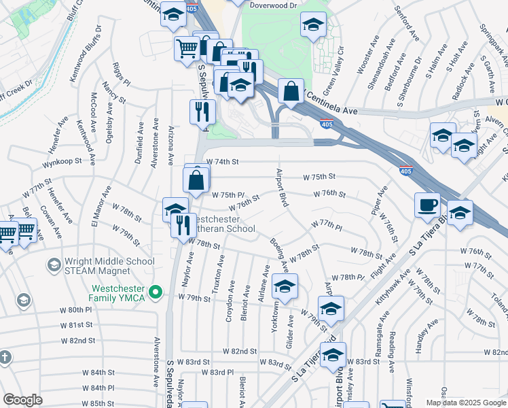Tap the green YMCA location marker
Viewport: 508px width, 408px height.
click(x=156, y=292)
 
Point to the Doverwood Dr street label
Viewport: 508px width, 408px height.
click(x=274, y=5)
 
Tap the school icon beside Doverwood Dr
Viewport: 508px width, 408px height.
click(x=313, y=25)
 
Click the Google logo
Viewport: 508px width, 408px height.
click(x=22, y=400)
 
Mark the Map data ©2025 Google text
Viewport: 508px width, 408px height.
click(x=465, y=403)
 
